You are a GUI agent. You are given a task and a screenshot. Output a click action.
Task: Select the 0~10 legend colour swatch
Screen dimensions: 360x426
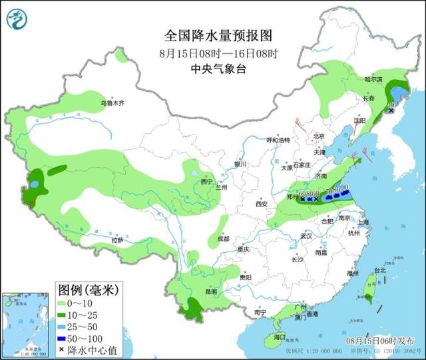(x=63, y=303)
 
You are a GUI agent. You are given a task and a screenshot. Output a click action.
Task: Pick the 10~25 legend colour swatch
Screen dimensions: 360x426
(x=63, y=315)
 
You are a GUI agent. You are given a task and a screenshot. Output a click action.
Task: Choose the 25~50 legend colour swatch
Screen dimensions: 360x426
(x=63, y=327)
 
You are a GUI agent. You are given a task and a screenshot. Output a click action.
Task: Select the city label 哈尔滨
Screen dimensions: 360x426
(x=373, y=79)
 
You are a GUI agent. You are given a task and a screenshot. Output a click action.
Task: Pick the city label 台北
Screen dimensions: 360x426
(x=379, y=271)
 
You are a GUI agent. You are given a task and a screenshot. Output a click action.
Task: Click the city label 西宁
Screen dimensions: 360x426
(x=207, y=181)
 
